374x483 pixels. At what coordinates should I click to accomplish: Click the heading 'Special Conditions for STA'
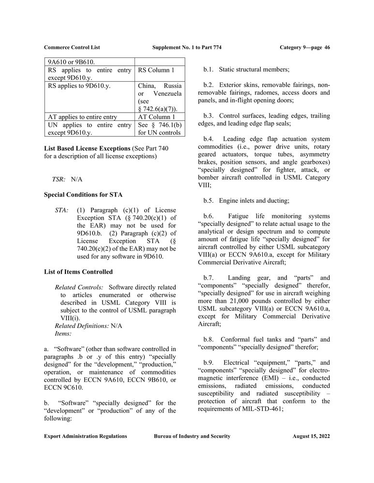(x=83, y=195)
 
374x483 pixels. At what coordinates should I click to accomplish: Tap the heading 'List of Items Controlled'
(x=78, y=272)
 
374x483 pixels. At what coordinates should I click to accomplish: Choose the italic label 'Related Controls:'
(x=79, y=287)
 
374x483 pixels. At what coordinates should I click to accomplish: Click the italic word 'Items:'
(x=63, y=333)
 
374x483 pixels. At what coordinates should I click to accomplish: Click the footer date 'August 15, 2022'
(x=311, y=436)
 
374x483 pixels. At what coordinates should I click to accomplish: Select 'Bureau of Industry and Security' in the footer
(x=192, y=436)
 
